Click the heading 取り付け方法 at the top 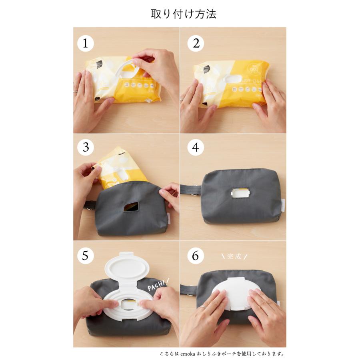click(x=184, y=14)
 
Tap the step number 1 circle click(x=85, y=43)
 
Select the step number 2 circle click(x=196, y=43)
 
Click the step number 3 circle click(x=85, y=148)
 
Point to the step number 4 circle click(x=196, y=148)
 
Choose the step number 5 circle click(x=85, y=256)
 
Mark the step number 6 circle click(x=196, y=256)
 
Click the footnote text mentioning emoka click(x=221, y=354)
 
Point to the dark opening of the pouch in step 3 click(x=131, y=206)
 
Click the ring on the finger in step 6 click(x=204, y=307)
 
